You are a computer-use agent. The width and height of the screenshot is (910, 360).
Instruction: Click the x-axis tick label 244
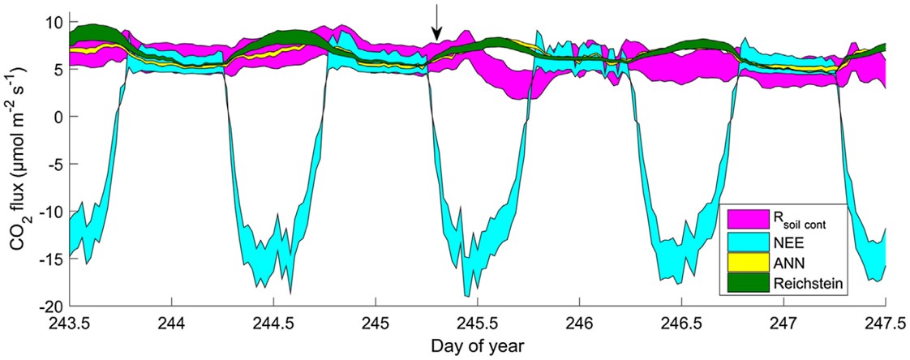(172, 322)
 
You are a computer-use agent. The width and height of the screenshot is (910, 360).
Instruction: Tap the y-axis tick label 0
(58, 117)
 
